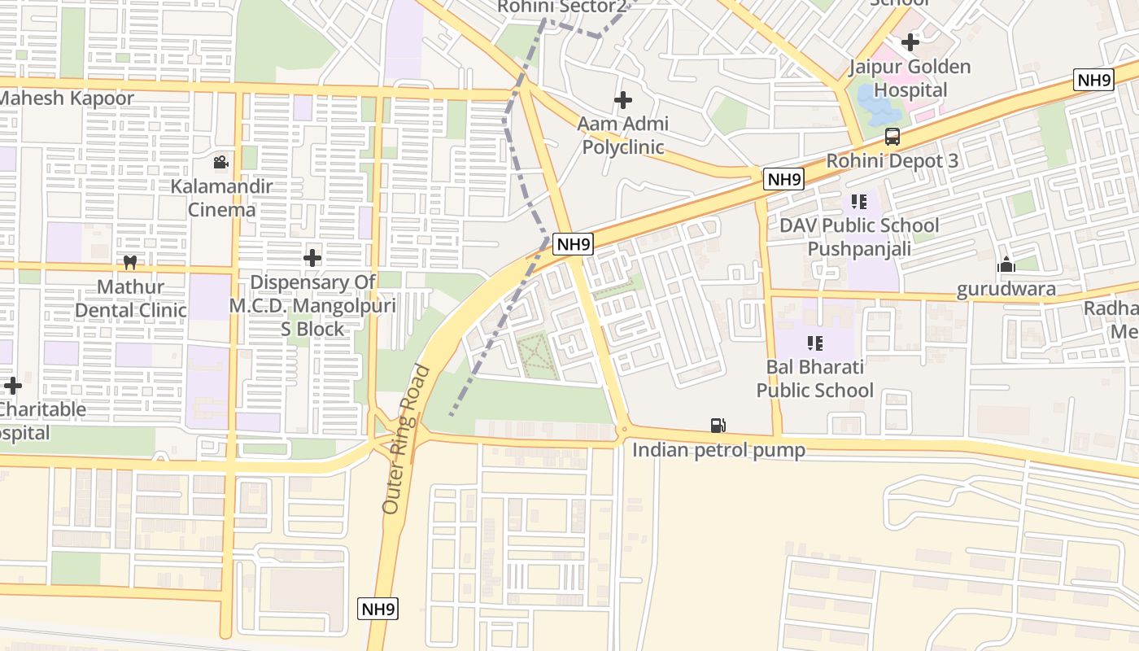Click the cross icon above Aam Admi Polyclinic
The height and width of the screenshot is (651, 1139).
(x=623, y=100)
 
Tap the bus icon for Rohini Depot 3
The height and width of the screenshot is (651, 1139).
(x=892, y=137)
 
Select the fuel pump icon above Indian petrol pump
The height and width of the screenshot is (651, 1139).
(x=718, y=426)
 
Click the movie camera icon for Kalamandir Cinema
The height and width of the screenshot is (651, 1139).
(x=220, y=163)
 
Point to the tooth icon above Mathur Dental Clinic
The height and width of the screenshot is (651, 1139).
(x=129, y=263)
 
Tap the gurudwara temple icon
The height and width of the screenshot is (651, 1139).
(x=1006, y=265)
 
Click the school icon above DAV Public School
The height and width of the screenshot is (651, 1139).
(x=859, y=201)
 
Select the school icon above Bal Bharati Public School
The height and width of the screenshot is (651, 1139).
(x=814, y=343)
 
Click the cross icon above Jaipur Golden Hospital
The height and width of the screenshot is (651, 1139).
(x=910, y=42)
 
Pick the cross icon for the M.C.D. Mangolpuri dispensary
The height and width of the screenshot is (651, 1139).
(x=312, y=258)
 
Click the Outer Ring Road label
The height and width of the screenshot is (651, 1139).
(x=405, y=439)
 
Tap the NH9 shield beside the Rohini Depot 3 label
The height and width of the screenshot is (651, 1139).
(x=783, y=179)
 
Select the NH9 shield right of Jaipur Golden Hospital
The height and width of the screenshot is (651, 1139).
(x=1093, y=80)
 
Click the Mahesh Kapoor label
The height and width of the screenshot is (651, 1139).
(x=67, y=98)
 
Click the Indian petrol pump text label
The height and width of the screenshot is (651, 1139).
(x=718, y=450)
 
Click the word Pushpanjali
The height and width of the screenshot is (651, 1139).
(x=859, y=248)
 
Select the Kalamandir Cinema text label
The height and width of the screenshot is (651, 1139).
(x=222, y=198)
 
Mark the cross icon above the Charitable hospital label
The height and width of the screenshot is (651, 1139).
(x=13, y=385)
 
